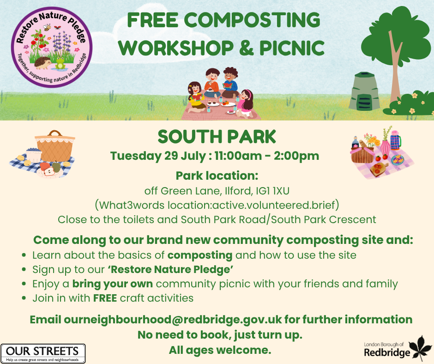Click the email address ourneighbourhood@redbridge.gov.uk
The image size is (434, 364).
click(173, 319)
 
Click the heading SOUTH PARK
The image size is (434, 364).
click(217, 136)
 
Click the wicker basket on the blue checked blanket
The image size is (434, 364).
click(54, 145)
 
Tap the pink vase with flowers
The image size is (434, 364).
click(384, 146)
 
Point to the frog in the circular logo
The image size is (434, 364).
click(60, 65)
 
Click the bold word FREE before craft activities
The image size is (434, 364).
click(105, 298)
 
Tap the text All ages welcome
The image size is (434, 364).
click(220, 350)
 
